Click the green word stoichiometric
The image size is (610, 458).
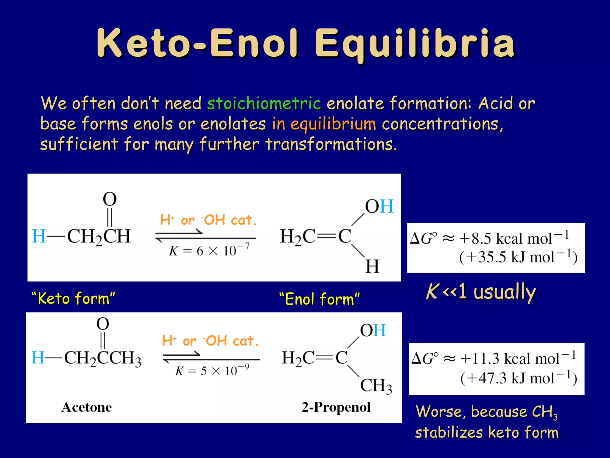[x=264, y=103]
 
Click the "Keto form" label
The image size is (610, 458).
[x=73, y=298]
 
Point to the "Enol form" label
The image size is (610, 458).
[x=320, y=299]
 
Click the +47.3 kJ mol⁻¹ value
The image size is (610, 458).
[x=519, y=378]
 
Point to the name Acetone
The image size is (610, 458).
[x=87, y=407]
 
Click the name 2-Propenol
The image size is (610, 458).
[x=336, y=407]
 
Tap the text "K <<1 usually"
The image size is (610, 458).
[x=481, y=292]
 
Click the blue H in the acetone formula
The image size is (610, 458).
[x=38, y=358]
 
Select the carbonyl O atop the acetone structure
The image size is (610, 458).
[x=103, y=324]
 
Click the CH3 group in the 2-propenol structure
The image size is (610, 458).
[x=376, y=386]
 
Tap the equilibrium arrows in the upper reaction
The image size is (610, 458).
[x=206, y=236]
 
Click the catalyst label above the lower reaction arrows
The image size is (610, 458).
[x=210, y=341]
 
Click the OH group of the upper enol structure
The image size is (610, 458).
[x=379, y=206]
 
